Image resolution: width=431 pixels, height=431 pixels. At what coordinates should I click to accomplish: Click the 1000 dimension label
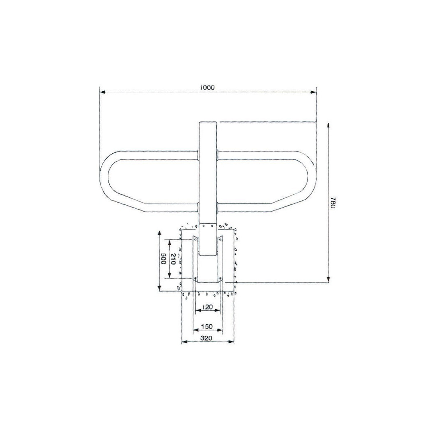pos(207,87)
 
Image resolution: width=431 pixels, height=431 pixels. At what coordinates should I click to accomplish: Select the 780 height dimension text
pos(332,203)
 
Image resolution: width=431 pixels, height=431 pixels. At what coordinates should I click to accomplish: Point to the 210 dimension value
pos(172,259)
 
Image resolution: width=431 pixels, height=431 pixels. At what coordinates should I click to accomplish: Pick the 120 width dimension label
pos(207,307)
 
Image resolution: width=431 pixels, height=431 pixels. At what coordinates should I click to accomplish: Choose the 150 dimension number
pos(207,326)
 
